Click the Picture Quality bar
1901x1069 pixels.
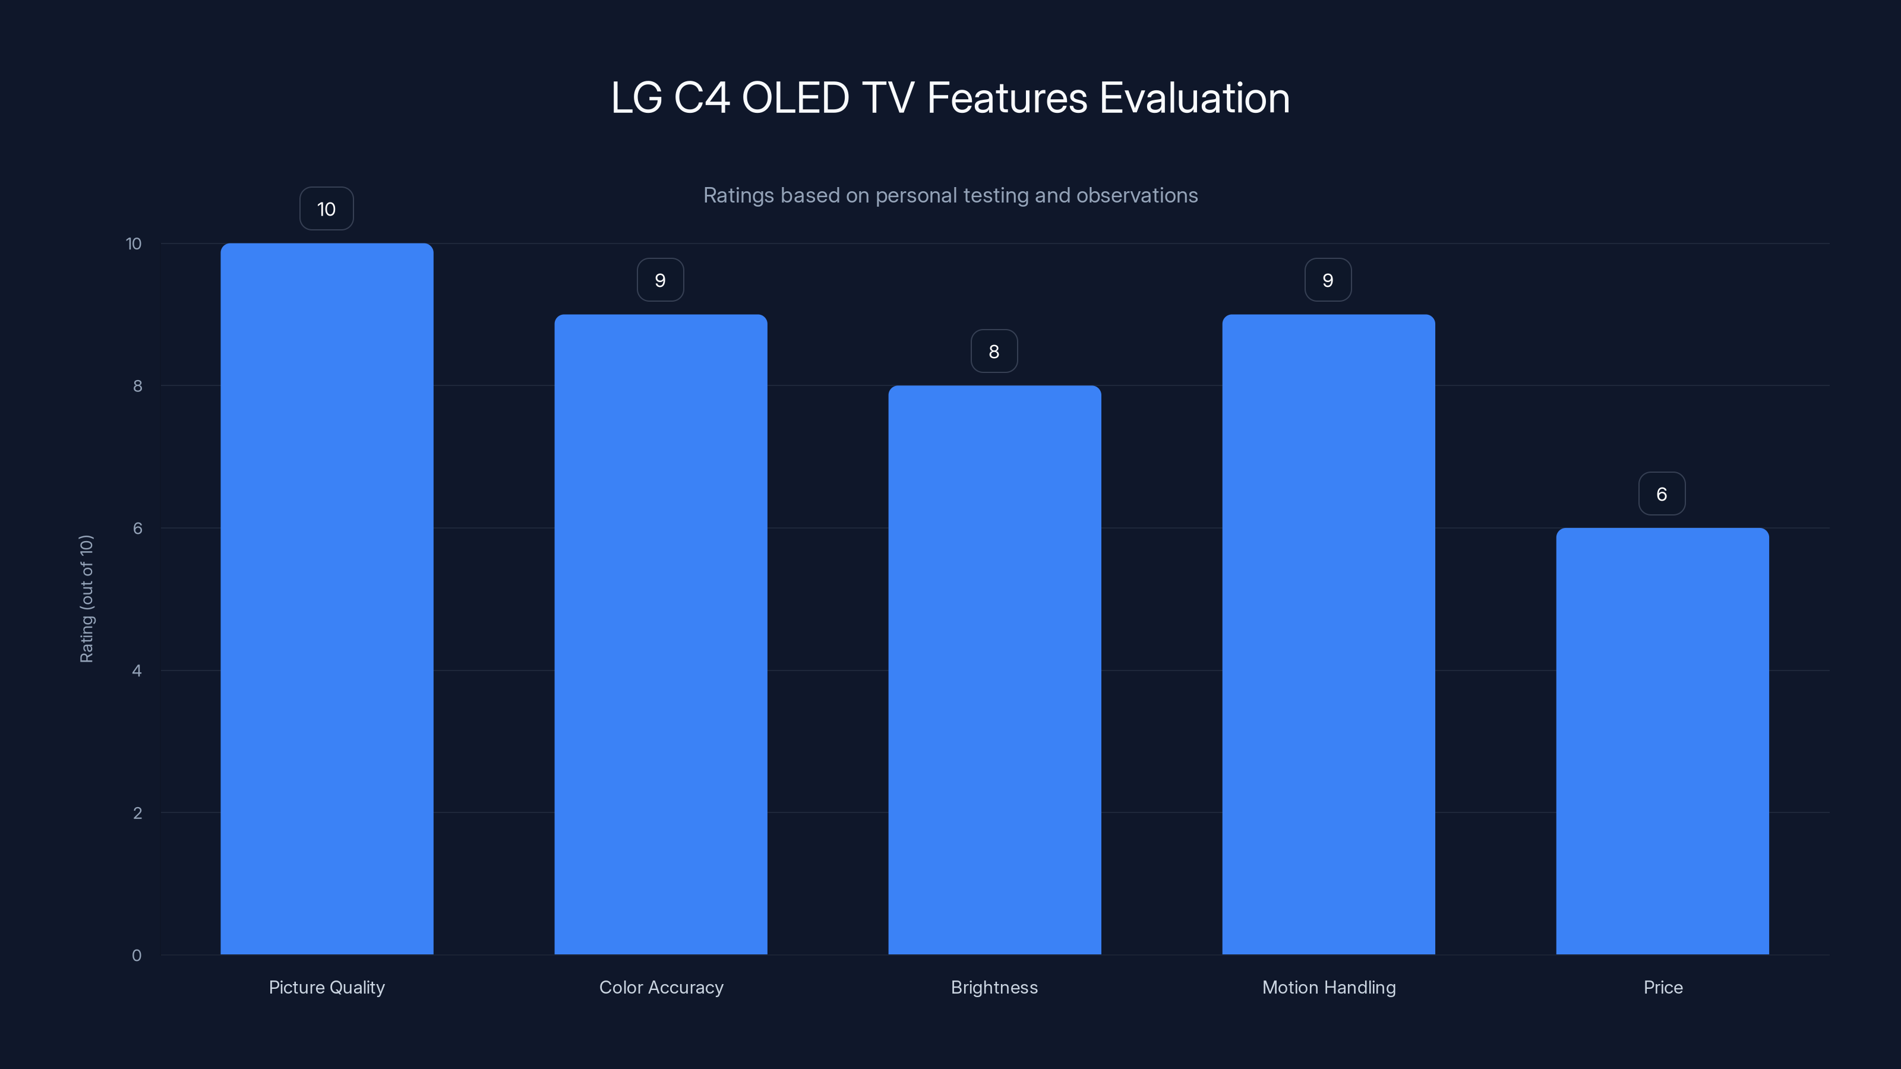[x=327, y=598]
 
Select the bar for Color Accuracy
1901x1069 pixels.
[x=661, y=634]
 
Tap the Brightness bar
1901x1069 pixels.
[x=994, y=670]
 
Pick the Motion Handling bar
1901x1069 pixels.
[x=1328, y=634]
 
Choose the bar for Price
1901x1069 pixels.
[x=1662, y=741]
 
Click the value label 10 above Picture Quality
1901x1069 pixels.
[x=326, y=209]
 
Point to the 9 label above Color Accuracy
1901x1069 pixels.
[x=661, y=280]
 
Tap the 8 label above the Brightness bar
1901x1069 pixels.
[x=994, y=351]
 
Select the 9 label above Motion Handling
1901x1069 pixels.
[x=1328, y=280]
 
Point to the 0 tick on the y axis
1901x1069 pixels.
[x=137, y=956]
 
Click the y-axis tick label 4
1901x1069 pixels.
[x=137, y=671]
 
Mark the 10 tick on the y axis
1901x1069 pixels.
[x=134, y=243]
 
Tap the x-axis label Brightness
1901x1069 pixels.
[x=994, y=987]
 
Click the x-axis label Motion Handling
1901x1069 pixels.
[x=1328, y=987]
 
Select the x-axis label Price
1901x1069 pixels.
[x=1663, y=987]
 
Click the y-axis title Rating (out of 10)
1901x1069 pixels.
[x=86, y=598]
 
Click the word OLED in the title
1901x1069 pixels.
[x=795, y=98]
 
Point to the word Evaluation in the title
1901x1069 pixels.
[x=1194, y=98]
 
